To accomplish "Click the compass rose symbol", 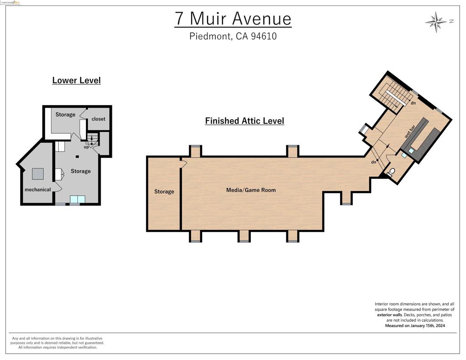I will pyautogui.click(x=436, y=21).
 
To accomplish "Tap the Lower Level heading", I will pyautogui.click(x=76, y=81).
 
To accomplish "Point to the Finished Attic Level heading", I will pyautogui.click(x=244, y=121).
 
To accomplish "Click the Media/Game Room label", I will pyautogui.click(x=251, y=190).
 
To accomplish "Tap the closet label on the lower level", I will pyautogui.click(x=98, y=119).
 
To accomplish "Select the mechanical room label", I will pyautogui.click(x=38, y=189).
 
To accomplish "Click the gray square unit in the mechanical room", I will pyautogui.click(x=38, y=174).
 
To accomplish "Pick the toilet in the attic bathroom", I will pyautogui.click(x=392, y=172).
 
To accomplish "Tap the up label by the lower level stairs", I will pyautogui.click(x=86, y=147).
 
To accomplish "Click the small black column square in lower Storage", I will pyautogui.click(x=77, y=157).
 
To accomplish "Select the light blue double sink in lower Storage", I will pyautogui.click(x=77, y=199).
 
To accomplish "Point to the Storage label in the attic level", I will pyautogui.click(x=164, y=192).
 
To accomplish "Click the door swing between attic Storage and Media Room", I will pyautogui.click(x=183, y=164).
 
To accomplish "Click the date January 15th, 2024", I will pyautogui.click(x=421, y=326).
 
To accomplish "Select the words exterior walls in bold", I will pyautogui.click(x=389, y=314).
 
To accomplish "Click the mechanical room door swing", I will pyautogui.click(x=57, y=187).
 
